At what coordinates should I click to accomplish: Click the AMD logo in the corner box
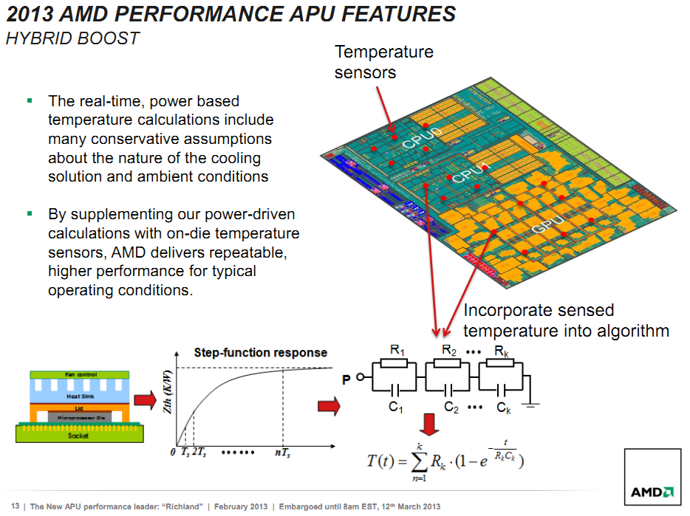coord(652,492)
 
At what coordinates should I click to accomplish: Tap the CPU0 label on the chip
coord(422,138)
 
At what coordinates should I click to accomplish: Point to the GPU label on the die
coord(547,224)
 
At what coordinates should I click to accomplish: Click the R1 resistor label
coord(397,351)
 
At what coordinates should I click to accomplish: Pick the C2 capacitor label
coord(451,407)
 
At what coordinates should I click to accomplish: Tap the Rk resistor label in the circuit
coord(502,351)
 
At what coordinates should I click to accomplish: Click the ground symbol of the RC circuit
coord(530,405)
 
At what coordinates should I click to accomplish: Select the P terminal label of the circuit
coord(346,379)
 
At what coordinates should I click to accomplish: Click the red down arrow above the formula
coord(428,424)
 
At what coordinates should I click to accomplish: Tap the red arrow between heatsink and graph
coord(146,400)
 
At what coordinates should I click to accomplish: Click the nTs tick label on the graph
coord(282,453)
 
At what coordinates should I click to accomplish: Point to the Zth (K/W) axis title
coord(167,392)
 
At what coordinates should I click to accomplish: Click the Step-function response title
coord(261,352)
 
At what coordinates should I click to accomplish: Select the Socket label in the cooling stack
coord(78,436)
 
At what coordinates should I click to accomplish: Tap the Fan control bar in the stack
coord(80,375)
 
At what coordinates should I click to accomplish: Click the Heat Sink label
coord(80,396)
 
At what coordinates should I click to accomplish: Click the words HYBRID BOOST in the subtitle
coord(72,38)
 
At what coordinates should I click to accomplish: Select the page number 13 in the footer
coord(16,506)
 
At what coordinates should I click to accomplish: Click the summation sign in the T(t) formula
coord(418,461)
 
